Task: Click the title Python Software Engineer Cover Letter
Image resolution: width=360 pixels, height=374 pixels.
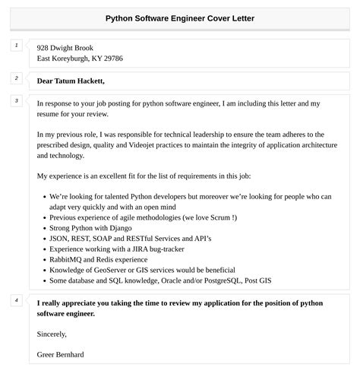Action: (x=180, y=17)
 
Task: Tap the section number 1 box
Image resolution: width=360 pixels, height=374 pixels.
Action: (x=17, y=46)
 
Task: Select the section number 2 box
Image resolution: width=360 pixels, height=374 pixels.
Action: (x=17, y=78)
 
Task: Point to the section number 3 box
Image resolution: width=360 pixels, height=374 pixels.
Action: (x=17, y=101)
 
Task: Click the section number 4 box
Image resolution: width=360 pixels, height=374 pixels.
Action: (x=17, y=300)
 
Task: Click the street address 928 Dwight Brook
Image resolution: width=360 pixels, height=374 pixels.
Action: (x=70, y=47)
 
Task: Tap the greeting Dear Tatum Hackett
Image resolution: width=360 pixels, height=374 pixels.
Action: (x=71, y=81)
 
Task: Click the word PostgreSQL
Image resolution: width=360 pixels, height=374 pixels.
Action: (x=264, y=280)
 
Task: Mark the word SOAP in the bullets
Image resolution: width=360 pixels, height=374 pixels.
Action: (x=106, y=238)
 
